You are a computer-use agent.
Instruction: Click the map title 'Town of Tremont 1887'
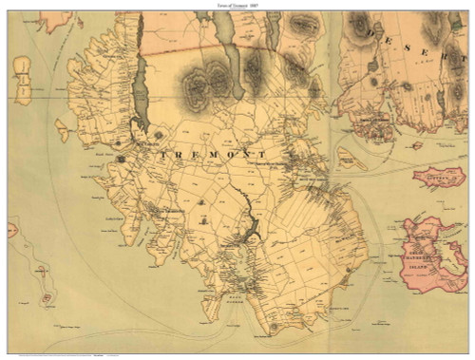tap(237, 5)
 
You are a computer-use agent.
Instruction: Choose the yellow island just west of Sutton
tap(351, 161)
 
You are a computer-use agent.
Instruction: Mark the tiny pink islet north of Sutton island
tap(416, 145)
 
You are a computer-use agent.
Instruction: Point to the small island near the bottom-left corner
tap(46, 298)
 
